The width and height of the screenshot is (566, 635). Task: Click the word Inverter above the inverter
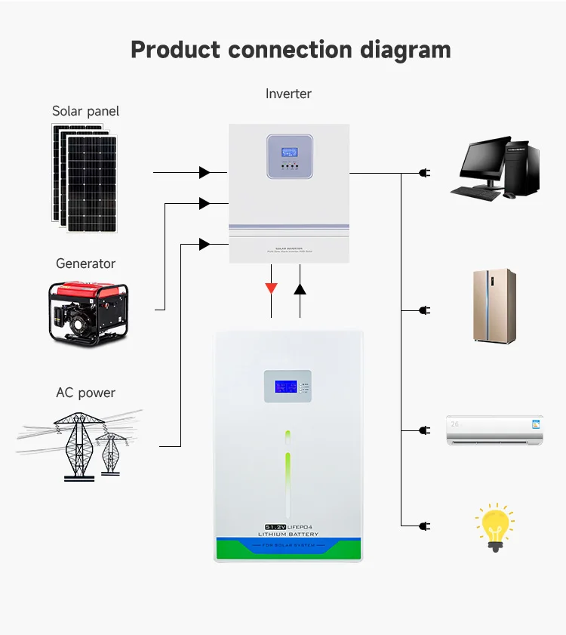coord(288,94)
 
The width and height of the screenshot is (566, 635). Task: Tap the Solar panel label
coord(85,111)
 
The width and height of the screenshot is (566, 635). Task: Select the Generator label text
coord(85,264)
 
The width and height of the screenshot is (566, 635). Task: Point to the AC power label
coord(85,393)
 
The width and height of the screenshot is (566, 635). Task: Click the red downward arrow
coord(271,288)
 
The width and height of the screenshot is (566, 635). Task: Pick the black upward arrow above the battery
coord(300,288)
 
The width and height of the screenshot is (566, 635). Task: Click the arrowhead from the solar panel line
coord(205,173)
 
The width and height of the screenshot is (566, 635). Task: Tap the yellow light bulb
coord(494,525)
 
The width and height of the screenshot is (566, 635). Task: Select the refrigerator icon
coord(494,306)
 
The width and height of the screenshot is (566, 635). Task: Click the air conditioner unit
coord(494,429)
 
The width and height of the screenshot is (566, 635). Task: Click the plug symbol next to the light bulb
coord(424,525)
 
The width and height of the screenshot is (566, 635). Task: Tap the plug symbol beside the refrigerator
coord(424,310)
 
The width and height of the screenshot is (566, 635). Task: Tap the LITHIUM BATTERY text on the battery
coord(288,535)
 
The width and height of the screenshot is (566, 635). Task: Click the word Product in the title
coord(175,50)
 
